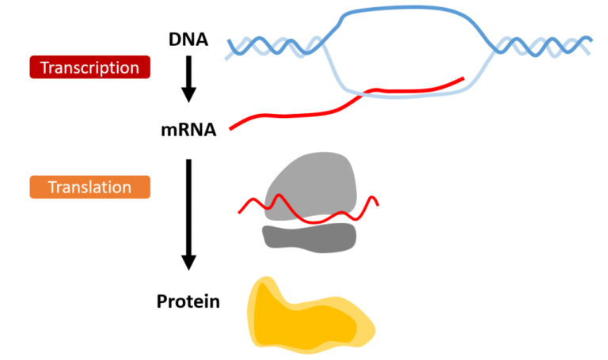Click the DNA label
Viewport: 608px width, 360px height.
pos(188,38)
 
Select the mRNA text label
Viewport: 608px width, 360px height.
pos(188,127)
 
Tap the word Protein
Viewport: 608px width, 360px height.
pos(188,301)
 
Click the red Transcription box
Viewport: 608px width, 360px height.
pos(89,67)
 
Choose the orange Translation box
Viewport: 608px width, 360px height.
pos(89,188)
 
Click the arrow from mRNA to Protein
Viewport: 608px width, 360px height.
pos(188,214)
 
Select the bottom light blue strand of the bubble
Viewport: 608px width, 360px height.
pos(412,94)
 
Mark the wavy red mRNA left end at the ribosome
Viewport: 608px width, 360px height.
pos(241,211)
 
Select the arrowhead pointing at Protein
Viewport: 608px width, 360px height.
pos(188,263)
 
